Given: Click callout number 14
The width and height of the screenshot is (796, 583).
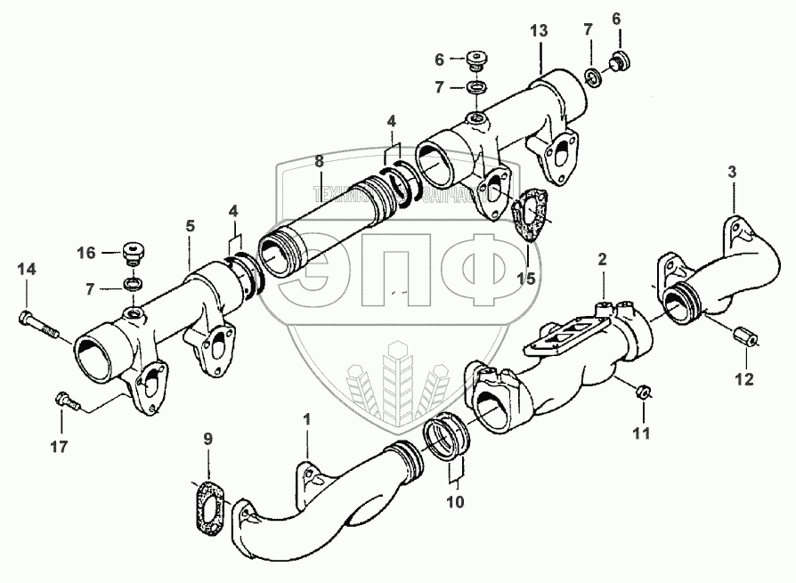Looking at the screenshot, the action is pyautogui.click(x=27, y=268).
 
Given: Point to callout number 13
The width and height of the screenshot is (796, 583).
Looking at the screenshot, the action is pyautogui.click(x=540, y=31).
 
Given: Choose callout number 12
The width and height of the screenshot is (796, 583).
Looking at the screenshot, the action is pyautogui.click(x=743, y=380).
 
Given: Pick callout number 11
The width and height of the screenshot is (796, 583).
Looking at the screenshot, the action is pyautogui.click(x=641, y=434).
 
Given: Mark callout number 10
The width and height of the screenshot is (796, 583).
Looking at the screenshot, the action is pyautogui.click(x=455, y=501).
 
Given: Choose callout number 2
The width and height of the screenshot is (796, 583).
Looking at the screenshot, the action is pyautogui.click(x=602, y=259).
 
